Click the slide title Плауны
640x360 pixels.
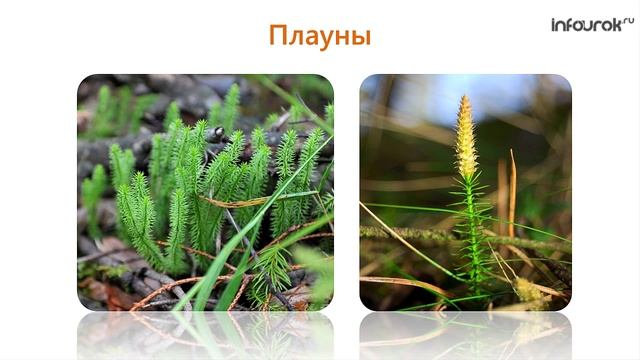click(320, 37)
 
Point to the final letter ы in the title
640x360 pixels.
click(361, 39)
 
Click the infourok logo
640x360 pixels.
click(591, 24)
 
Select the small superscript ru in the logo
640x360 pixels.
click(628, 19)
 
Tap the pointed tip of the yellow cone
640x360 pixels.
click(464, 98)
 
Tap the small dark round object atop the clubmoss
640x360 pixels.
click(219, 132)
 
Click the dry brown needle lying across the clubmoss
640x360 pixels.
click(240, 199)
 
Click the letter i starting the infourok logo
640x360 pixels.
click(555, 24)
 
